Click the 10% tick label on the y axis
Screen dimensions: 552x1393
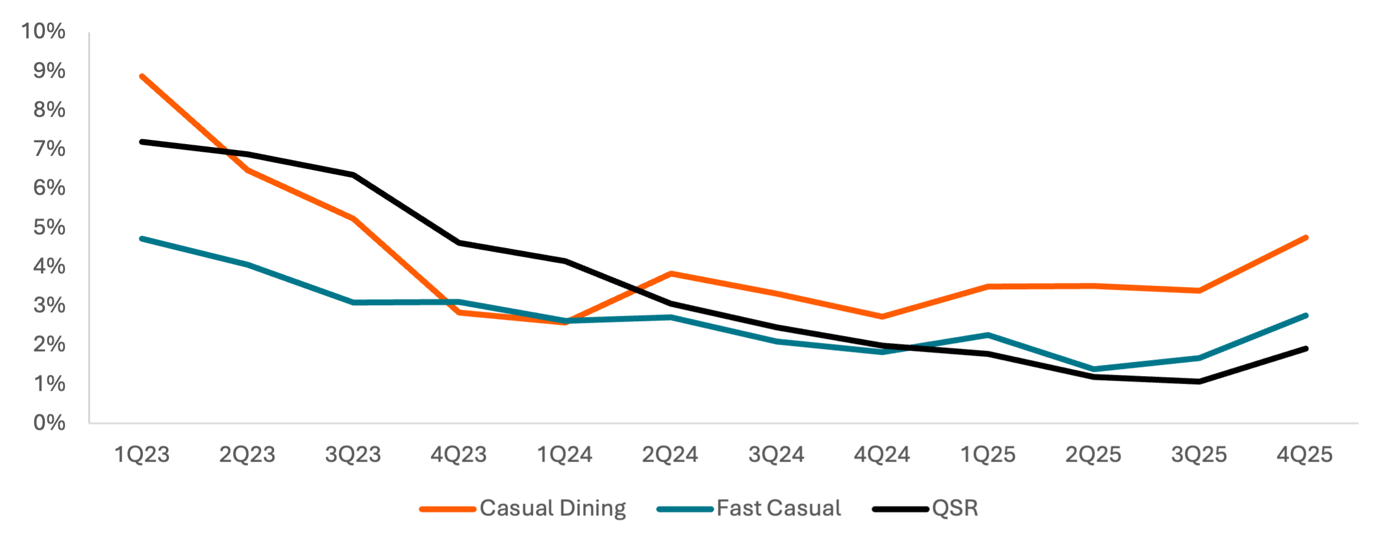click(43, 31)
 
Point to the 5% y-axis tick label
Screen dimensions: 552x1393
click(49, 227)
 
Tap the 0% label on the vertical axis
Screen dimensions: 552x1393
click(49, 423)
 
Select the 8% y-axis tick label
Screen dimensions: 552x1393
click(49, 110)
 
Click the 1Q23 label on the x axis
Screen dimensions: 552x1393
click(142, 455)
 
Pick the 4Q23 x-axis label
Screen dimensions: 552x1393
click(459, 455)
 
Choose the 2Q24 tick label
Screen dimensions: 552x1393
click(670, 455)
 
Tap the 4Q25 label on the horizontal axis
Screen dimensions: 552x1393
click(1304, 455)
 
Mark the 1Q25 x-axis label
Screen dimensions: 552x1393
click(987, 455)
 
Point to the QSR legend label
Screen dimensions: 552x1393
click(954, 508)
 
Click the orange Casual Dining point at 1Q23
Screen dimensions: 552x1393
click(142, 77)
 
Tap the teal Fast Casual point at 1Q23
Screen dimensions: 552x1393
click(142, 239)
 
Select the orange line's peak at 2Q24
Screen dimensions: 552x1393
click(671, 274)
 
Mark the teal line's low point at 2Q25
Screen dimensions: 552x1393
click(1094, 369)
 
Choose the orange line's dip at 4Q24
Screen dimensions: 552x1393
click(882, 317)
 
